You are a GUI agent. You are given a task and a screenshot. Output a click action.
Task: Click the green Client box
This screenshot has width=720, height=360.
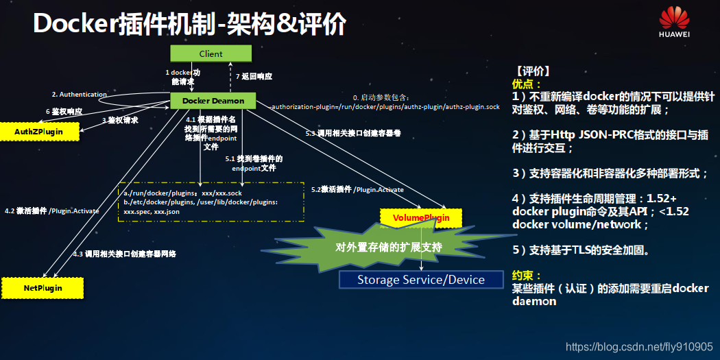point(211,53)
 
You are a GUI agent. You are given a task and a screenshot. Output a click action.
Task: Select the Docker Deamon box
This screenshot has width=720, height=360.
point(213,101)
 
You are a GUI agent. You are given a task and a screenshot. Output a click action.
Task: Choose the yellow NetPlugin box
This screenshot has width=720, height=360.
point(43,288)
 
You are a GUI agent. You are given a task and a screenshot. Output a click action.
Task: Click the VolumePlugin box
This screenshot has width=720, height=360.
point(421,218)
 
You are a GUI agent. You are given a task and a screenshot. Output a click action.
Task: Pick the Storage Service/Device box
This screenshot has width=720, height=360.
point(421,280)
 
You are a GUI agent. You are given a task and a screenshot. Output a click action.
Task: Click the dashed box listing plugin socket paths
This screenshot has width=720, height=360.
point(211,202)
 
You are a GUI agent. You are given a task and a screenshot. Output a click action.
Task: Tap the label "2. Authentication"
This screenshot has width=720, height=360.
point(80,94)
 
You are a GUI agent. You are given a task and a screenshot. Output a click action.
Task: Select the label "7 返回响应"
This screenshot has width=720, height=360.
point(254,76)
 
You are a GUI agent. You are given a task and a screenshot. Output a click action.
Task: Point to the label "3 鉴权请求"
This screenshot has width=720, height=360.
point(120,120)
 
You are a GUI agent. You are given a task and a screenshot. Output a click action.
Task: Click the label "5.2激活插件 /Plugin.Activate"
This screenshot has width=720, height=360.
point(357,189)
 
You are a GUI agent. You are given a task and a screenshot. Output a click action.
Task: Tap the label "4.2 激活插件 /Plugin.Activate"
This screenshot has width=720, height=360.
point(51,211)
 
